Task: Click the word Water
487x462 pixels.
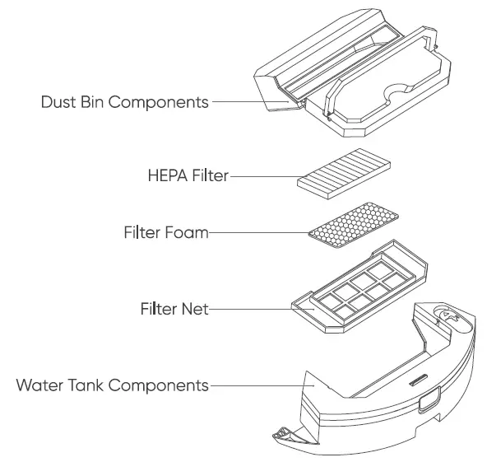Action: click(x=35, y=385)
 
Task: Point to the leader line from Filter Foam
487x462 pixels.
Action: click(x=260, y=233)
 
